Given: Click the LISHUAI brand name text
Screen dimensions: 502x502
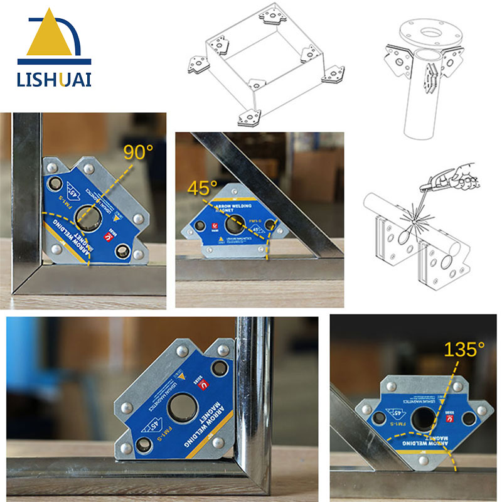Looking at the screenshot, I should click(55, 80).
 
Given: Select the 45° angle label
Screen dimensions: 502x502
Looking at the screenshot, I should click(202, 188).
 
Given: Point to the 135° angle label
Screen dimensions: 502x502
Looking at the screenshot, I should click(464, 350).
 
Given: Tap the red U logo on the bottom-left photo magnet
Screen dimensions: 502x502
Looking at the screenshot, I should click(203, 387).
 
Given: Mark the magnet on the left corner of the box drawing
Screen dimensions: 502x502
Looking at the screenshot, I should click(200, 63).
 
